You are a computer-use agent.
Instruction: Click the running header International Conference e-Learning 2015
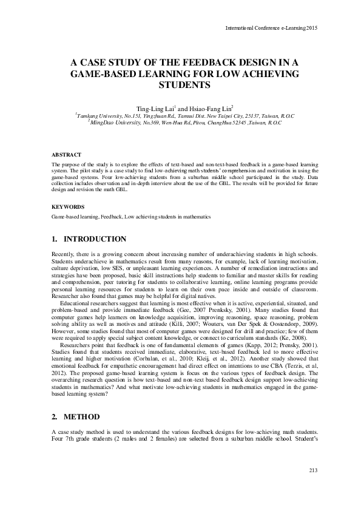click(271, 28)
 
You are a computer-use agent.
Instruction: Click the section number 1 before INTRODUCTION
click(54, 239)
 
